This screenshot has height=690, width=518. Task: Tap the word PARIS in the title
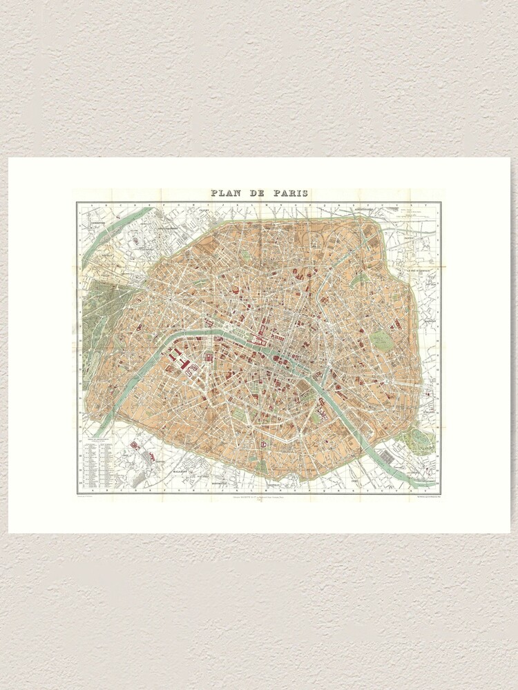(290, 194)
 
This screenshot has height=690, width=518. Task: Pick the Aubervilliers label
(361, 208)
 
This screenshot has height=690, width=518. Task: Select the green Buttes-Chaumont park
(360, 282)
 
